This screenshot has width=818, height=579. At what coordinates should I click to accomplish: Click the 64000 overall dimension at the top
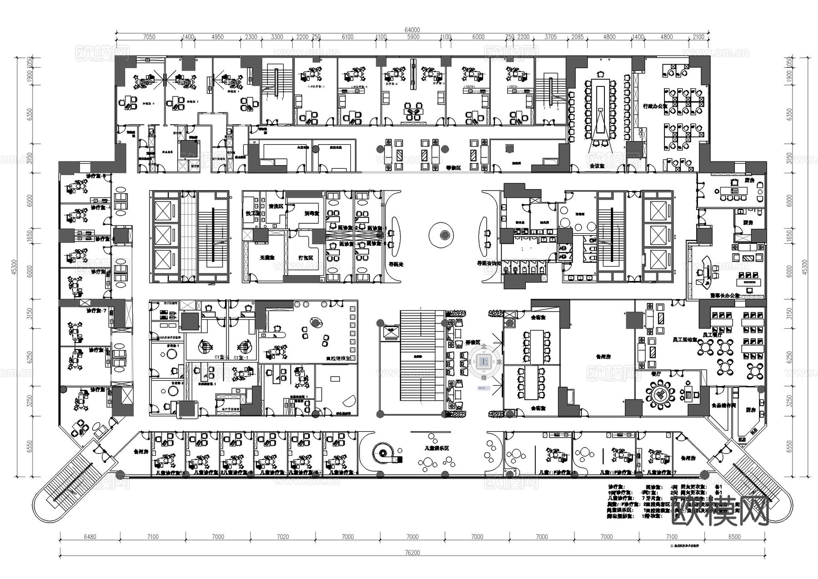pyautogui.click(x=412, y=30)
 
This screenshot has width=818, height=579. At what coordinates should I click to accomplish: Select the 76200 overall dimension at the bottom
pyautogui.click(x=412, y=553)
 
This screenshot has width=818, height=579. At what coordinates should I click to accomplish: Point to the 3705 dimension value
pyautogui.click(x=550, y=37)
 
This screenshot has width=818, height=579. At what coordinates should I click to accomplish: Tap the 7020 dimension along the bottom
pyautogui.click(x=283, y=537)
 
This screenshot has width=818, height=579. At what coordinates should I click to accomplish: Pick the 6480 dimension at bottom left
pyautogui.click(x=90, y=537)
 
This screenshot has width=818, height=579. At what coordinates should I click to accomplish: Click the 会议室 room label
pyautogui.click(x=597, y=166)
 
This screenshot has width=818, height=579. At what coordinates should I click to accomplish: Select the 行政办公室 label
pyautogui.click(x=655, y=106)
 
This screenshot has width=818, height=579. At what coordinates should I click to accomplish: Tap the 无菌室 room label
pyautogui.click(x=267, y=257)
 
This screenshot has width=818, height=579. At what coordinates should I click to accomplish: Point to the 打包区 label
pyautogui.click(x=305, y=257)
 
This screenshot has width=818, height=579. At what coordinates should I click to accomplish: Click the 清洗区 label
pyautogui.click(x=276, y=206)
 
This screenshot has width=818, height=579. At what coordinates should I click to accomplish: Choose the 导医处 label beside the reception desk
pyautogui.click(x=395, y=263)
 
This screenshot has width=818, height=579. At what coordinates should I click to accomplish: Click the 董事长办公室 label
pyautogui.click(x=724, y=296)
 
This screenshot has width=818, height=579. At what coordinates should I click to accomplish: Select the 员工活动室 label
pyautogui.click(x=685, y=339)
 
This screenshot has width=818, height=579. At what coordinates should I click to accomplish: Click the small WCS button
pyautogui.click(x=482, y=388)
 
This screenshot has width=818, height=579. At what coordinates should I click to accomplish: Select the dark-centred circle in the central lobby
pyautogui.click(x=444, y=235)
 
